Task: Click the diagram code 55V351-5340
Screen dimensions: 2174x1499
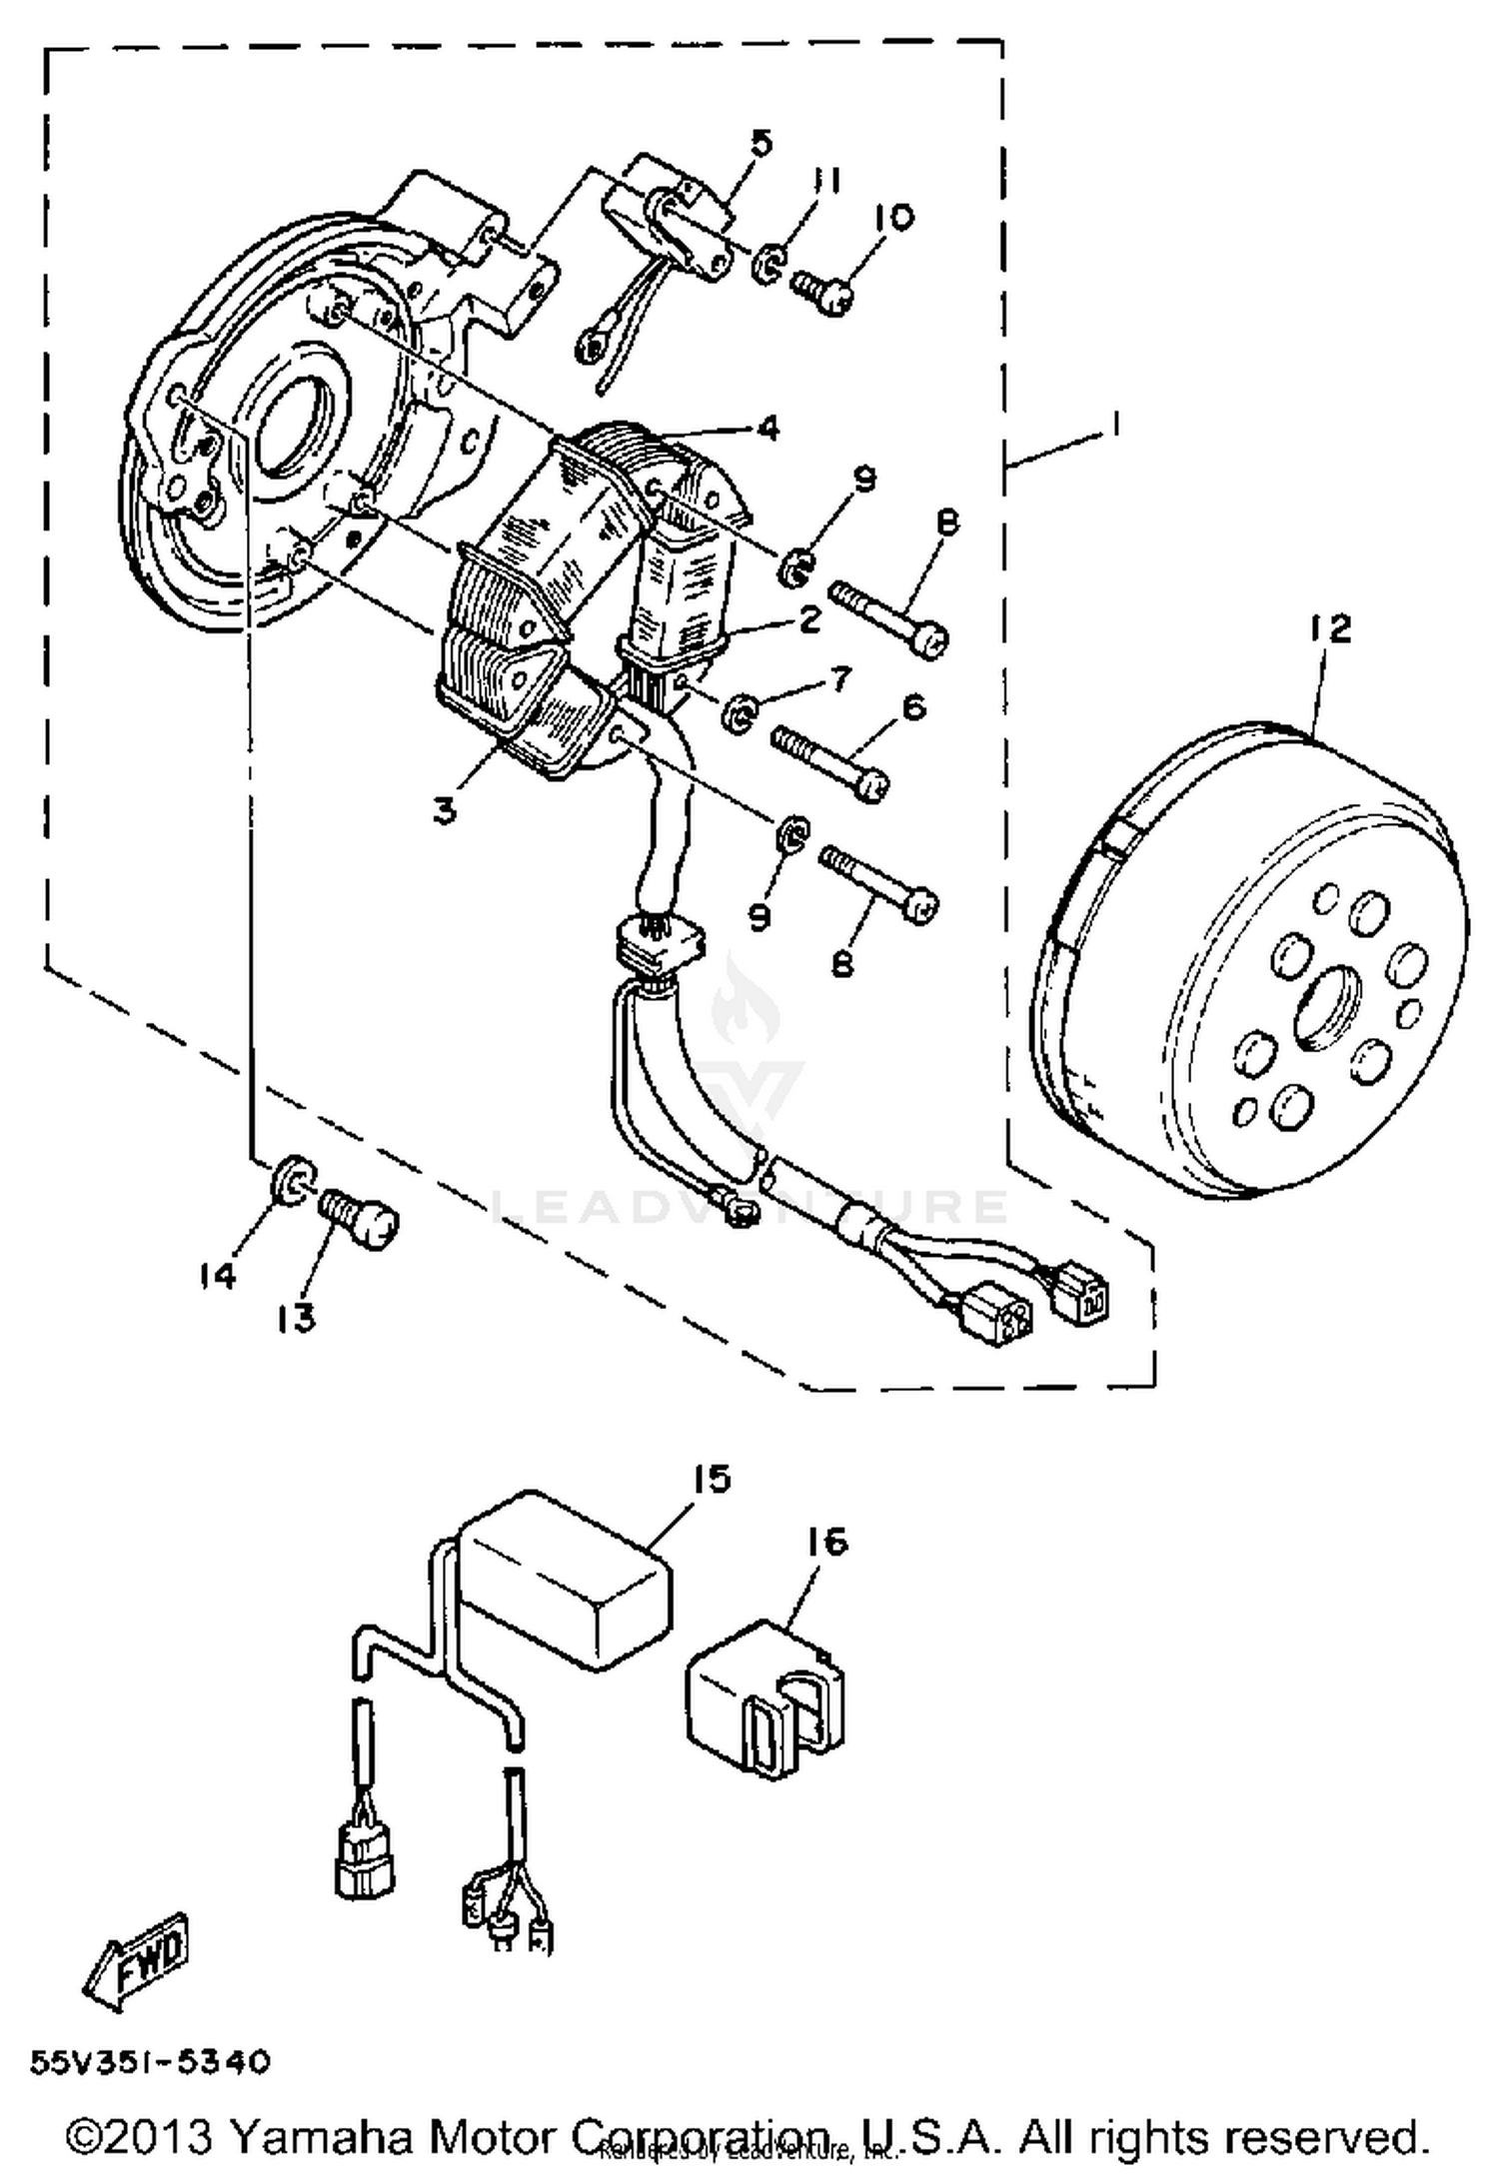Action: pos(150,2061)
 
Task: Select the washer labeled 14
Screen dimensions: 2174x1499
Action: pos(291,1179)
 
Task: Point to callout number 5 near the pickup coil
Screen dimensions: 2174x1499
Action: pos(762,143)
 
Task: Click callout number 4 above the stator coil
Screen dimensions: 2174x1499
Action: pos(767,428)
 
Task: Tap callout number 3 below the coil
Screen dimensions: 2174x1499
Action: pos(445,810)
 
